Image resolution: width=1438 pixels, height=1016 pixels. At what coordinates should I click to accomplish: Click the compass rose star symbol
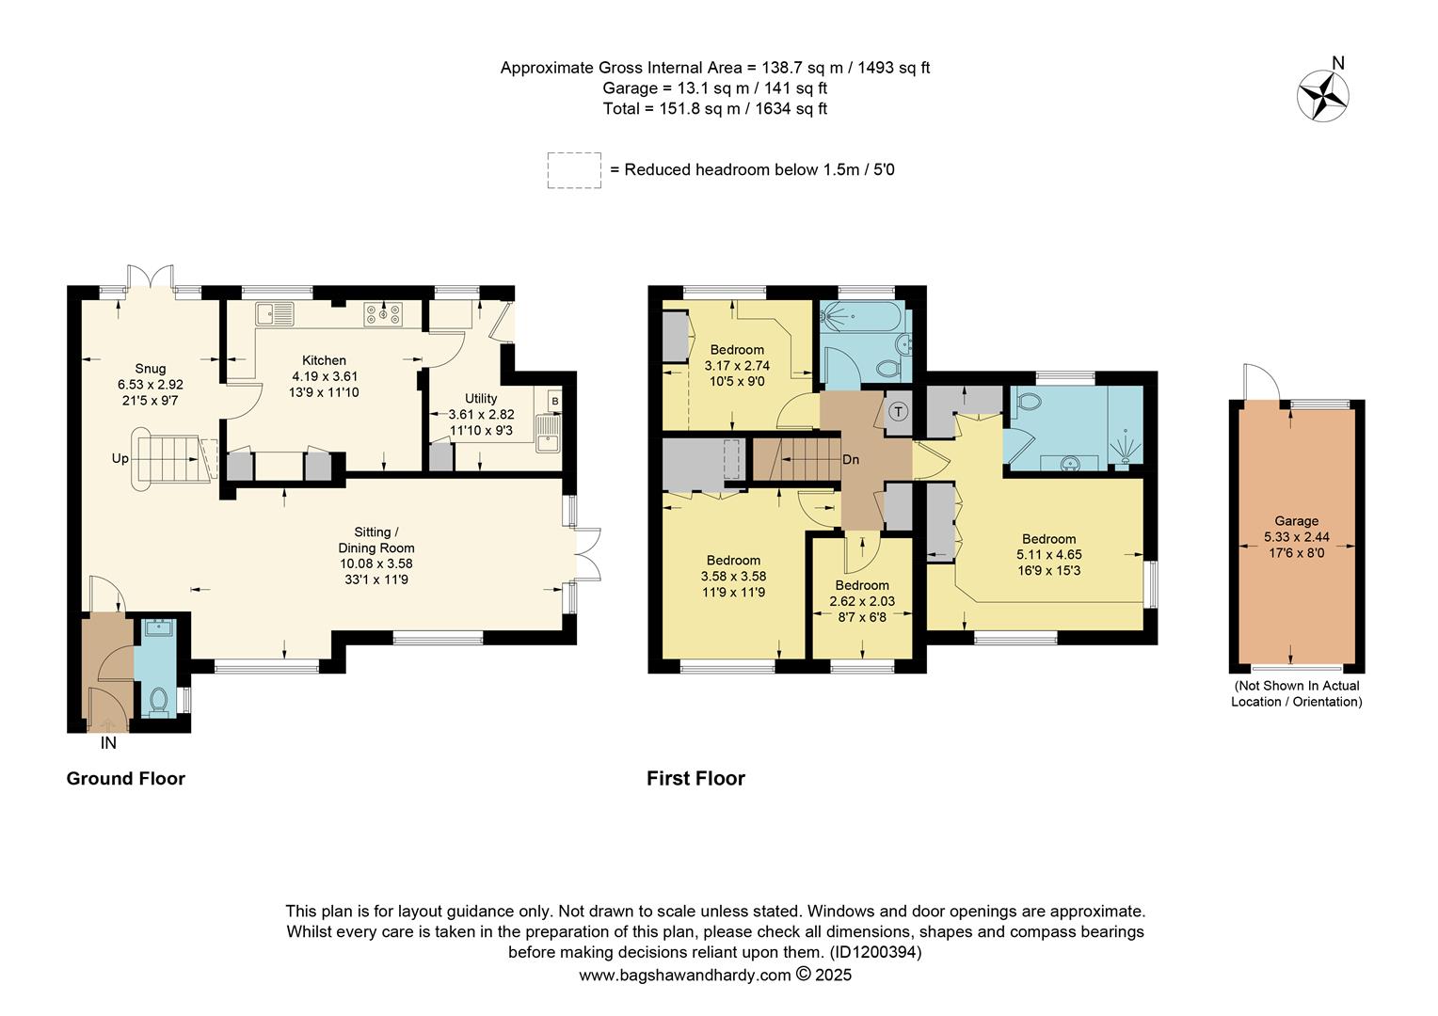click(x=1322, y=96)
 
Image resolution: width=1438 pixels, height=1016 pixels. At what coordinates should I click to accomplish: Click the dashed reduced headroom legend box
click(x=574, y=170)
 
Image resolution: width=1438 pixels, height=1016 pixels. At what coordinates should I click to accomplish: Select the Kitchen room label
click(x=324, y=360)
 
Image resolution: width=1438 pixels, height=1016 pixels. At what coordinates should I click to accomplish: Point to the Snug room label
click(x=151, y=369)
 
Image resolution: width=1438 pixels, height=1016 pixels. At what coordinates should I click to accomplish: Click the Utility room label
click(x=481, y=398)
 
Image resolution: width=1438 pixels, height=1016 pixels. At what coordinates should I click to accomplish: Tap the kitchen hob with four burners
click(x=383, y=314)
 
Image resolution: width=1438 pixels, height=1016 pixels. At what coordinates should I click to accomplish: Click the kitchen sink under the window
click(x=275, y=314)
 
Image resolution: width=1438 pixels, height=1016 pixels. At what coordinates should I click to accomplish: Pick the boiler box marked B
click(x=554, y=401)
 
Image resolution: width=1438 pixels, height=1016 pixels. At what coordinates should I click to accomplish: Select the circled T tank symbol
click(x=899, y=411)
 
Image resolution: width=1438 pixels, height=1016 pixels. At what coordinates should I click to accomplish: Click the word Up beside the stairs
click(x=120, y=458)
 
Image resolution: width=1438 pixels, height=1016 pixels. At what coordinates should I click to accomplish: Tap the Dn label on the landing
click(x=851, y=459)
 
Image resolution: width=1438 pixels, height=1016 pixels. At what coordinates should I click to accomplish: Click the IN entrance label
click(x=108, y=742)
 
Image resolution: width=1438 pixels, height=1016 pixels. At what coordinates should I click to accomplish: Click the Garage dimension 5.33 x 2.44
click(x=1297, y=536)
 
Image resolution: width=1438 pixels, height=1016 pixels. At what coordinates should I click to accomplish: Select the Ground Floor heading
click(x=126, y=779)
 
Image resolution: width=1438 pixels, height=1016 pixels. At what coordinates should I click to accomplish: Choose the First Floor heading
click(x=695, y=779)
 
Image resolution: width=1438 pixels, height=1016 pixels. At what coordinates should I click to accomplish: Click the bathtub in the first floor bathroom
click(x=863, y=316)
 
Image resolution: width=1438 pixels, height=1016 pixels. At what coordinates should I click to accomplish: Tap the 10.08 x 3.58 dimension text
click(x=376, y=564)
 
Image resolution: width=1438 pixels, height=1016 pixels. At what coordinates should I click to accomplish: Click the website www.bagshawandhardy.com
click(x=685, y=975)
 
